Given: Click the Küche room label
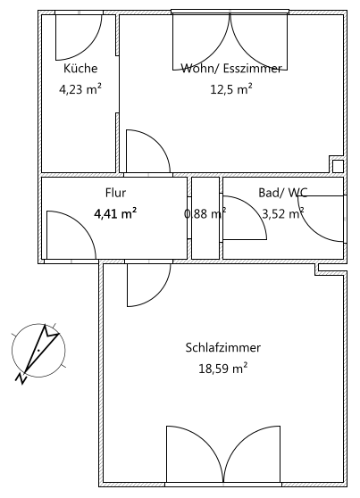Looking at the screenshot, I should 80,69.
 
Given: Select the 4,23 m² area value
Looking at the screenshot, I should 80,88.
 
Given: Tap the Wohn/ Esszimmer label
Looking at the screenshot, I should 231,69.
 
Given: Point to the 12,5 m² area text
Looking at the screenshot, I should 231,88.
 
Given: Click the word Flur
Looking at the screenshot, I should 115,193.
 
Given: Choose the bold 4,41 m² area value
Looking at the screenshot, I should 115,213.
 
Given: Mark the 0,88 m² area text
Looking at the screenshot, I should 205,213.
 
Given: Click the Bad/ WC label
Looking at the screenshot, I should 282,193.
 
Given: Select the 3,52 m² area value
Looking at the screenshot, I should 282,213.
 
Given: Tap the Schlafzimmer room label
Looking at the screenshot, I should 217,347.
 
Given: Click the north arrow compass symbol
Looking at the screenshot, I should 38,349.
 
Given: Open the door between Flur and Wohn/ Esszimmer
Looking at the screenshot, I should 145,152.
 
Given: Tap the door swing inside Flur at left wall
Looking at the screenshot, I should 68,235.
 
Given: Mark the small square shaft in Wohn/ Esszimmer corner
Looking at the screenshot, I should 338,166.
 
